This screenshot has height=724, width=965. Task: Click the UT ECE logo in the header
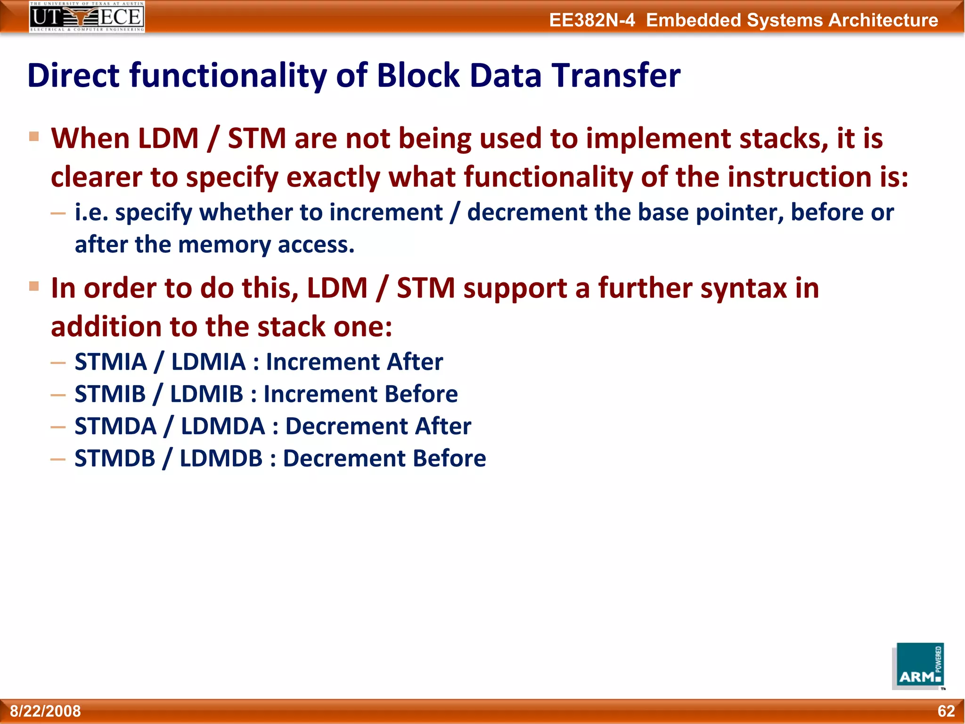(x=87, y=16)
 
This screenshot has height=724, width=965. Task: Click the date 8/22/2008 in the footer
(x=46, y=711)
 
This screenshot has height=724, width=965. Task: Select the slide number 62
(x=946, y=711)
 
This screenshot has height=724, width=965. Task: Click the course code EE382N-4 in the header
(x=592, y=20)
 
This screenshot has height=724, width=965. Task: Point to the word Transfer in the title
(x=616, y=75)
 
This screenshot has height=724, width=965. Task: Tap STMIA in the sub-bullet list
(x=111, y=362)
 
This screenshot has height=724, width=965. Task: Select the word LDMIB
(x=206, y=394)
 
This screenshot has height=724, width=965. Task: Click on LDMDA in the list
(x=223, y=426)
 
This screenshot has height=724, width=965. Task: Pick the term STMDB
(x=115, y=458)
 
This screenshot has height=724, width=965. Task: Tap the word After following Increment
(x=415, y=362)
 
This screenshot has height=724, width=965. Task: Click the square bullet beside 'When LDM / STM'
(x=34, y=137)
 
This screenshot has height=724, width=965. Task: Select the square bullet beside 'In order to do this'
(x=34, y=286)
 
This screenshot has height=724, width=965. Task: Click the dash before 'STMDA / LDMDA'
(x=58, y=427)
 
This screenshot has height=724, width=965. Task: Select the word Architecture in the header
(x=883, y=20)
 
